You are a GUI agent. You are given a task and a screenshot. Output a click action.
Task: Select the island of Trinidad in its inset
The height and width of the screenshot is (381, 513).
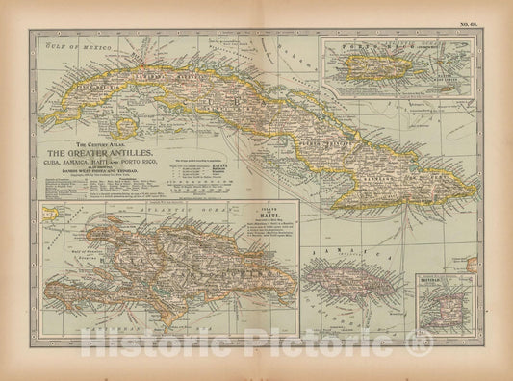[443, 301]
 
